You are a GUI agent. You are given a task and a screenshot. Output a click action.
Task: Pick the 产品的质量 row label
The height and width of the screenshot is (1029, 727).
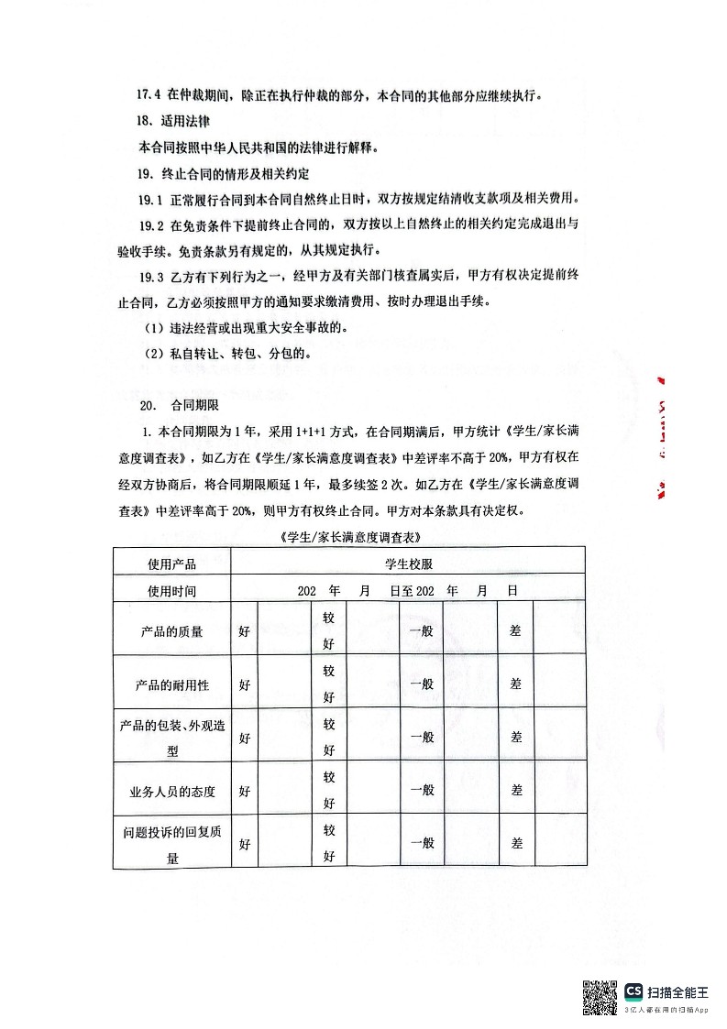point(171,631)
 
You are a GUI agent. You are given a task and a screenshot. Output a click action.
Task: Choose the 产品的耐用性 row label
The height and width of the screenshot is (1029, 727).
point(171,684)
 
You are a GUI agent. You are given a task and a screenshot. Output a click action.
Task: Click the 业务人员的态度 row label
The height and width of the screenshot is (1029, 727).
point(171,790)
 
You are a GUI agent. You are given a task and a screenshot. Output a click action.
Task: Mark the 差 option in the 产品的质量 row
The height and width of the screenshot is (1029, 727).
point(515,631)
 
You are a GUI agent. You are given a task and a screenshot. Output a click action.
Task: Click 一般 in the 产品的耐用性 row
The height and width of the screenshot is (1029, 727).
point(422,684)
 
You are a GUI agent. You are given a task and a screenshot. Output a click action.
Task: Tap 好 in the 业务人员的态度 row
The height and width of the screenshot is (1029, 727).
point(245,790)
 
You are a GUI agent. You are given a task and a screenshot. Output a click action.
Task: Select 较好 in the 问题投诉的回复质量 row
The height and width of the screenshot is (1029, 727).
point(328,843)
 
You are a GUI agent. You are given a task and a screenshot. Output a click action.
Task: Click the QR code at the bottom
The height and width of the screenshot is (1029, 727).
point(600,997)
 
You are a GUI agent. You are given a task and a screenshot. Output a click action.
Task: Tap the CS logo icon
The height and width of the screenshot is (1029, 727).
point(633,991)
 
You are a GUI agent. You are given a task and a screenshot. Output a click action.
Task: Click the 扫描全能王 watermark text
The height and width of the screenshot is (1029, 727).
point(677,991)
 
